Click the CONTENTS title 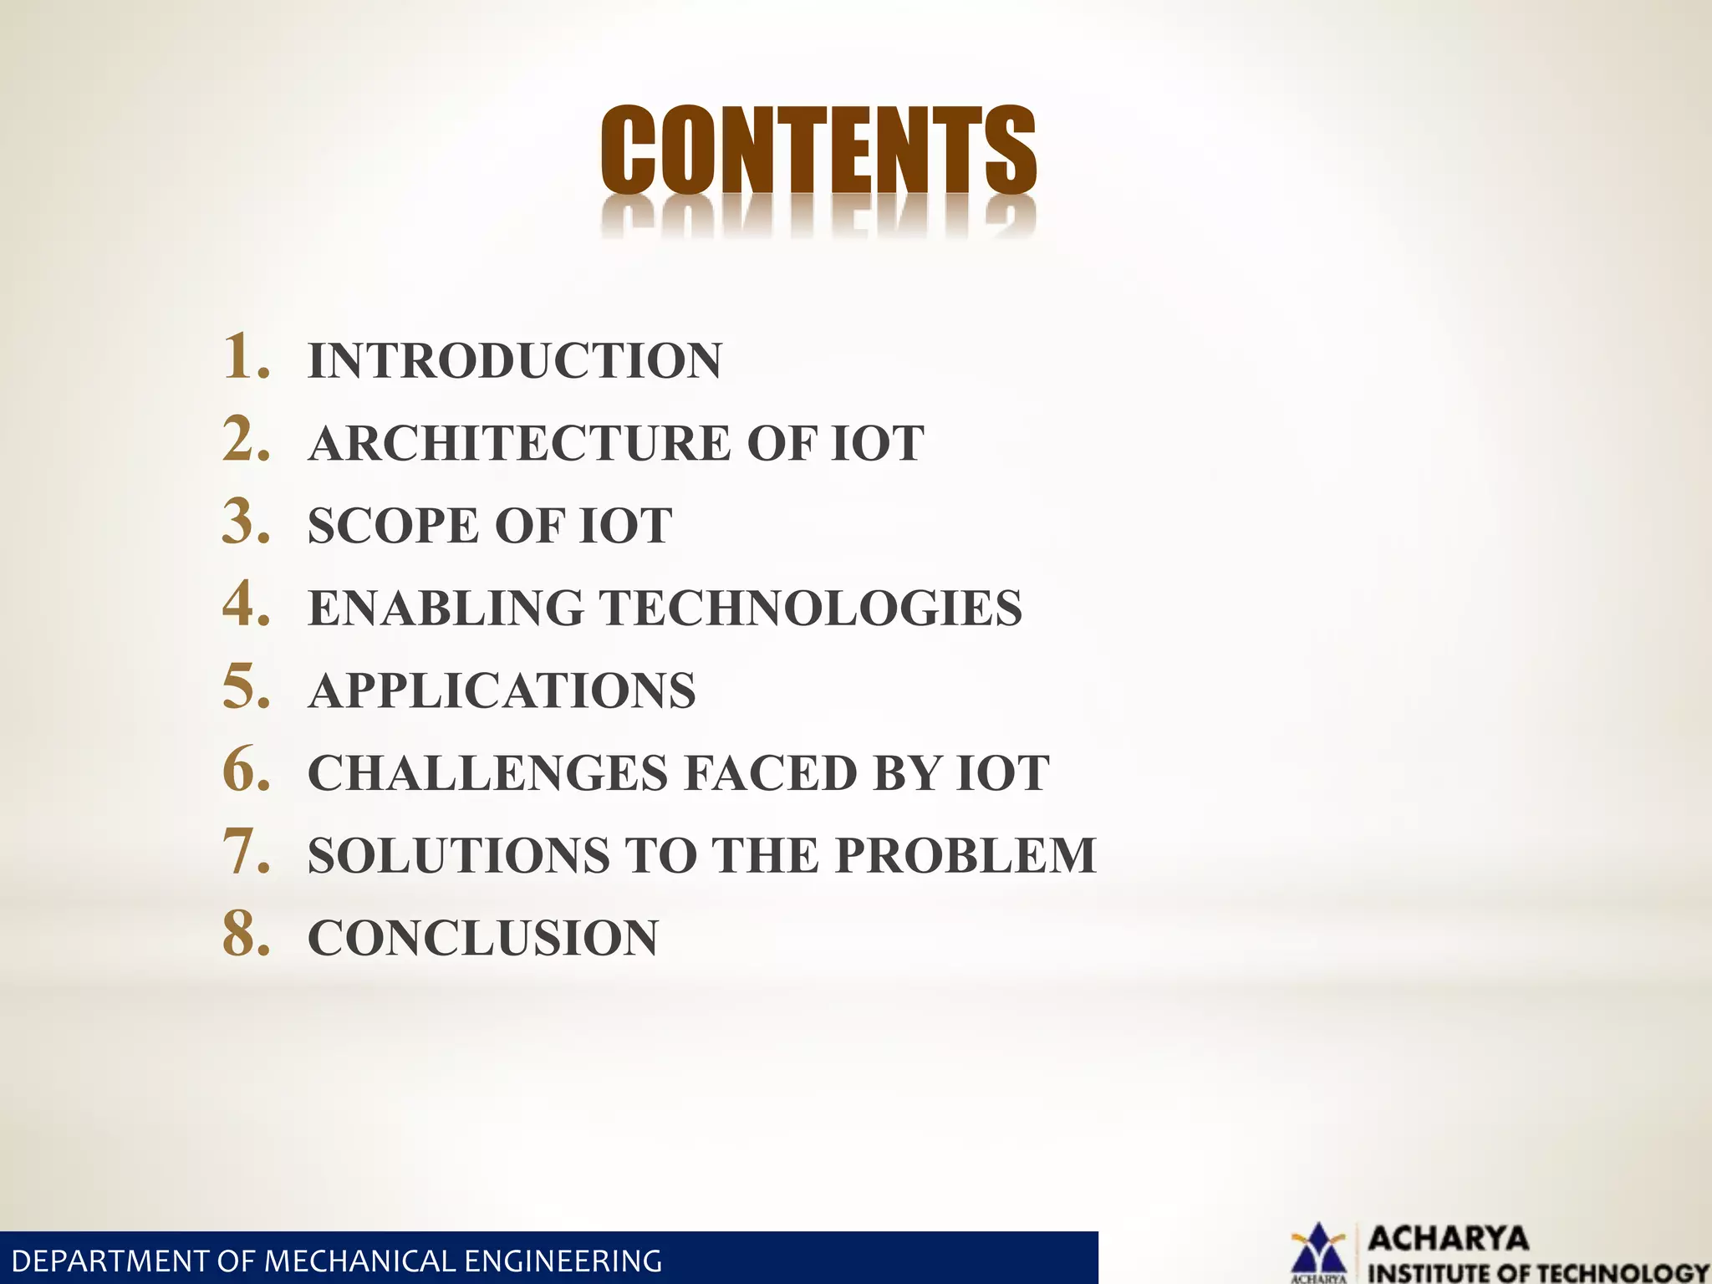[818, 150]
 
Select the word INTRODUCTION [515, 361]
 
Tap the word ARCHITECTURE [519, 443]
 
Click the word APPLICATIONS [502, 690]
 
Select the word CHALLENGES [488, 772]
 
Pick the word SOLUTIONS [459, 855]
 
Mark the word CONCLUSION [483, 937]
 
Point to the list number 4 [246, 604]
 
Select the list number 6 [246, 769]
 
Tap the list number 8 [246, 934]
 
